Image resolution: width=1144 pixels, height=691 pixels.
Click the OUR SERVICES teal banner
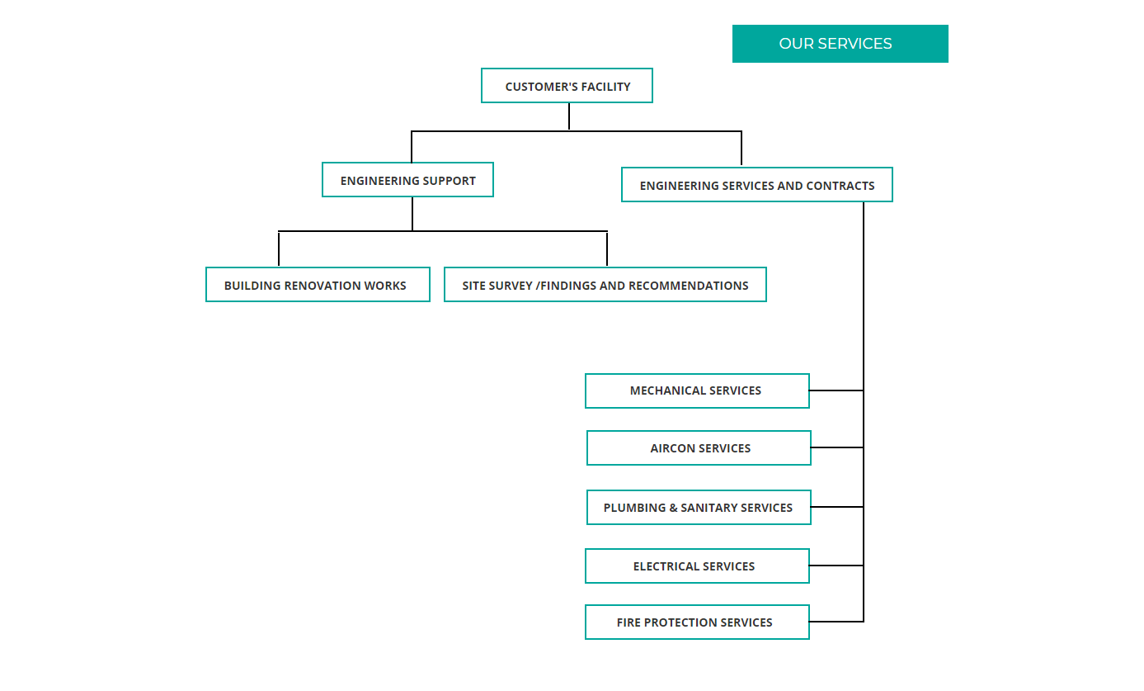[840, 44]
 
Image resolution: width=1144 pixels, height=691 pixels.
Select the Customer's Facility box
[567, 86]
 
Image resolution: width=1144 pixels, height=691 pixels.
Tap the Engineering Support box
[407, 180]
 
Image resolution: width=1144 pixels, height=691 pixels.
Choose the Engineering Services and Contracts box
[757, 184]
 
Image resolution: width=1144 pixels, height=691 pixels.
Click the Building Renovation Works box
[318, 285]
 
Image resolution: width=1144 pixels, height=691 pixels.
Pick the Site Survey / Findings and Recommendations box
[605, 285]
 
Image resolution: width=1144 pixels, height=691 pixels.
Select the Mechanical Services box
[697, 391]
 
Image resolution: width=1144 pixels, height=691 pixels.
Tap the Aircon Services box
[699, 448]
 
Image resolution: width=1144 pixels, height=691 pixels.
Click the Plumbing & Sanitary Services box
[699, 508]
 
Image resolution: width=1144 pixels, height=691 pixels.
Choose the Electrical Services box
[697, 566]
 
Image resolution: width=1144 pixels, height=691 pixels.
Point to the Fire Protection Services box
[697, 622]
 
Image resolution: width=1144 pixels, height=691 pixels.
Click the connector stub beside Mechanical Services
[836, 390]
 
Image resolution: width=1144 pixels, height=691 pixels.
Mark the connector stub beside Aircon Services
[837, 447]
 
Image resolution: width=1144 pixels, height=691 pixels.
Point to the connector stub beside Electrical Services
[836, 566]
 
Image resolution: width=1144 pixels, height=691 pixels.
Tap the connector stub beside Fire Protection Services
[836, 622]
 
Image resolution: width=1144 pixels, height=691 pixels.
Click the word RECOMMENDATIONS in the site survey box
[689, 286]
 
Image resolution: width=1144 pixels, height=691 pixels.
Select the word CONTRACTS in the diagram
[840, 186]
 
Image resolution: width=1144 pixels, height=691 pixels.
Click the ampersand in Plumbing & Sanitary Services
[673, 508]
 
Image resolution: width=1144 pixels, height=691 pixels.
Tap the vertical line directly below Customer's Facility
[569, 117]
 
